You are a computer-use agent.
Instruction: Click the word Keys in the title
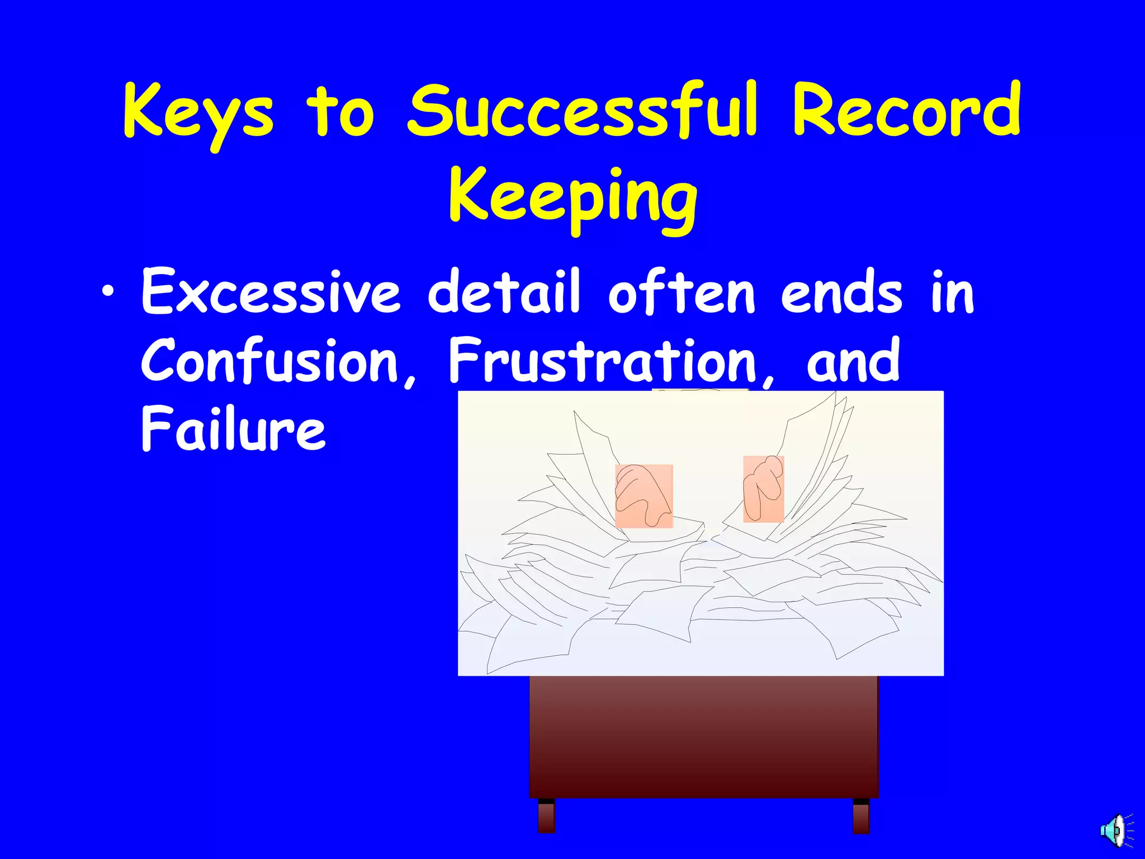pos(198,112)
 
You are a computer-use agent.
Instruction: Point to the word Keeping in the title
pos(572,199)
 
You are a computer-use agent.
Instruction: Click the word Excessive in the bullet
pos(271,292)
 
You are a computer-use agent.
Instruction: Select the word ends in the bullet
pos(841,292)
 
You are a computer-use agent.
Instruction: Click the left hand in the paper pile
pos(643,495)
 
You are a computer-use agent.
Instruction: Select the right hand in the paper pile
pos(763,488)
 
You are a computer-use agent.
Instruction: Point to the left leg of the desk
pos(546,816)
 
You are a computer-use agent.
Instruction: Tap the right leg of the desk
pos(861,816)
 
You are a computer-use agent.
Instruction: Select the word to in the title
pos(340,112)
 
